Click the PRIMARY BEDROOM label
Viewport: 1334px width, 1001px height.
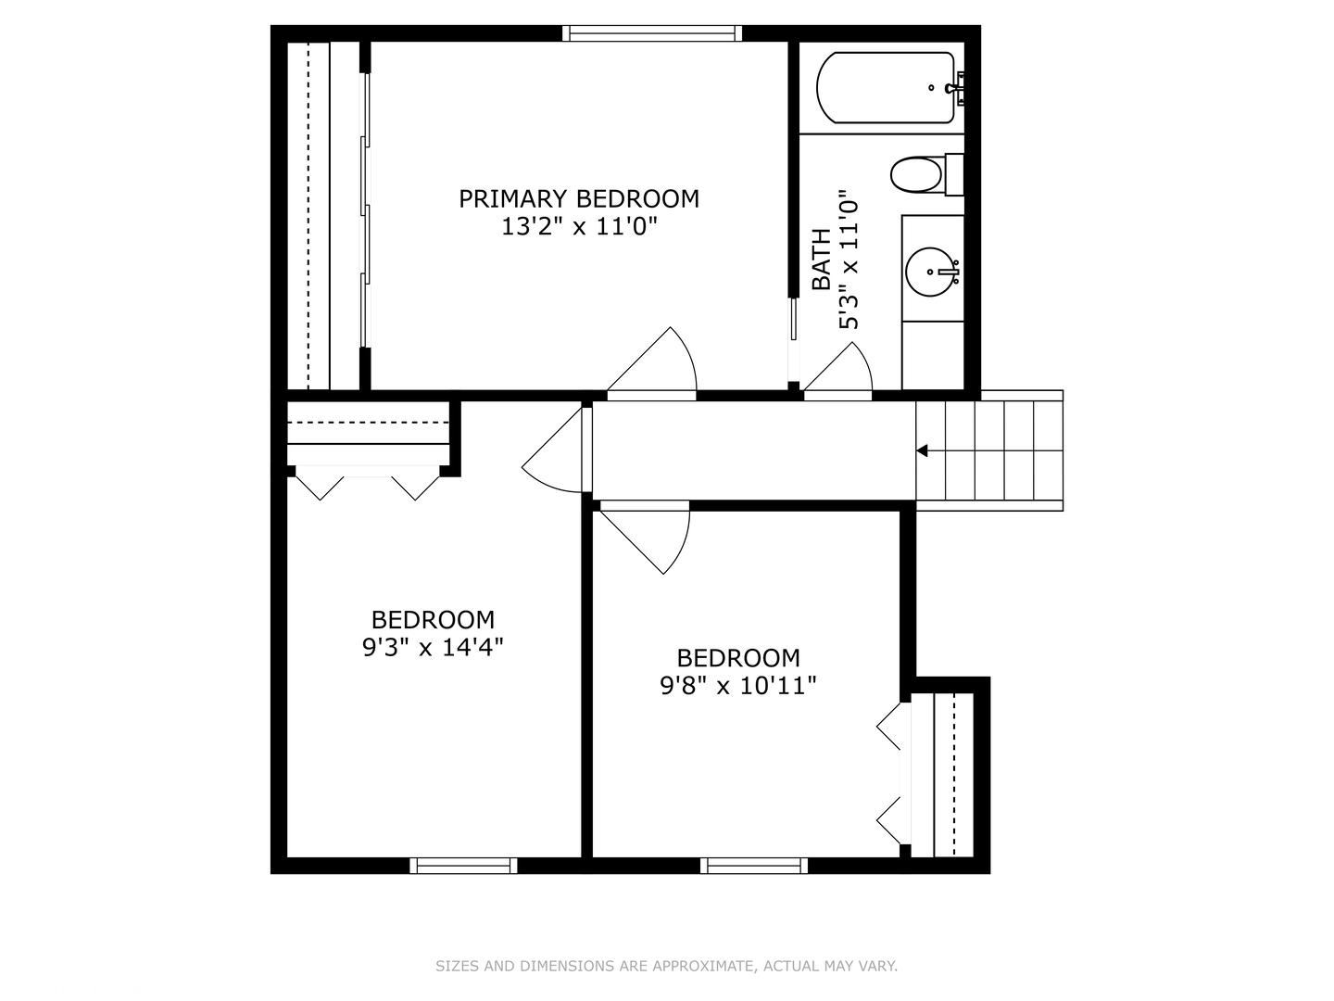[579, 198]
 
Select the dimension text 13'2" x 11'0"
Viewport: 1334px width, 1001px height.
[579, 226]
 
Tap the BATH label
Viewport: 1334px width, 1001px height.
[821, 260]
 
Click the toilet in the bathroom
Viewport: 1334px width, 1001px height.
[916, 174]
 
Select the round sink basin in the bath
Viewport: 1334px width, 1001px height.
[929, 272]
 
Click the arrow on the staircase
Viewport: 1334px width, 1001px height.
[923, 451]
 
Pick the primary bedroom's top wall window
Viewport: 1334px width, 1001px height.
[652, 34]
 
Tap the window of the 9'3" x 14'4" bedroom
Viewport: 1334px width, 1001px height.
[463, 866]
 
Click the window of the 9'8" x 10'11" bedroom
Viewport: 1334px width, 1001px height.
[754, 866]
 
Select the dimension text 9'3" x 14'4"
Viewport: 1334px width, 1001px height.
[433, 647]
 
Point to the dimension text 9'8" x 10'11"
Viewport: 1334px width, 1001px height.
[738, 686]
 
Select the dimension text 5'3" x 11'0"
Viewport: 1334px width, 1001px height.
[849, 260]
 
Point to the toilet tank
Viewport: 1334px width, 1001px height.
[954, 174]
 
